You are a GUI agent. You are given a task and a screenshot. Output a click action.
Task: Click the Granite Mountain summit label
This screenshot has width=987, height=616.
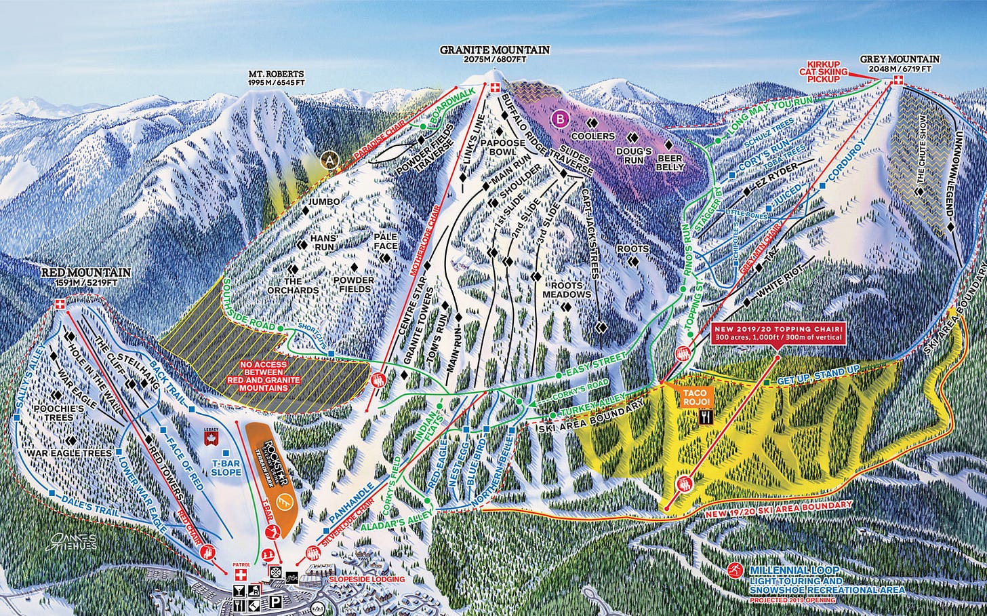(x=495, y=54)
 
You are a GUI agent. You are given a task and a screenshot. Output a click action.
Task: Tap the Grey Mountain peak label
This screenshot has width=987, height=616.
(x=900, y=64)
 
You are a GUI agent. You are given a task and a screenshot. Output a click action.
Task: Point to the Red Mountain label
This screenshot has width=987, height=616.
(x=85, y=277)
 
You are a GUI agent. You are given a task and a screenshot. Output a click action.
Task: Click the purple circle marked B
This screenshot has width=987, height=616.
(x=560, y=119)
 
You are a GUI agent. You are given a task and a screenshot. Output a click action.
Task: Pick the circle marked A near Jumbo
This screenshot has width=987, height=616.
(x=330, y=160)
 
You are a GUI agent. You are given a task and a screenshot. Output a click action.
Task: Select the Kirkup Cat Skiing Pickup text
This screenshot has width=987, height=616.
(x=823, y=70)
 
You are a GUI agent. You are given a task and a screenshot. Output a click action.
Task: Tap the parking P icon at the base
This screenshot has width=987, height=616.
(x=277, y=600)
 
